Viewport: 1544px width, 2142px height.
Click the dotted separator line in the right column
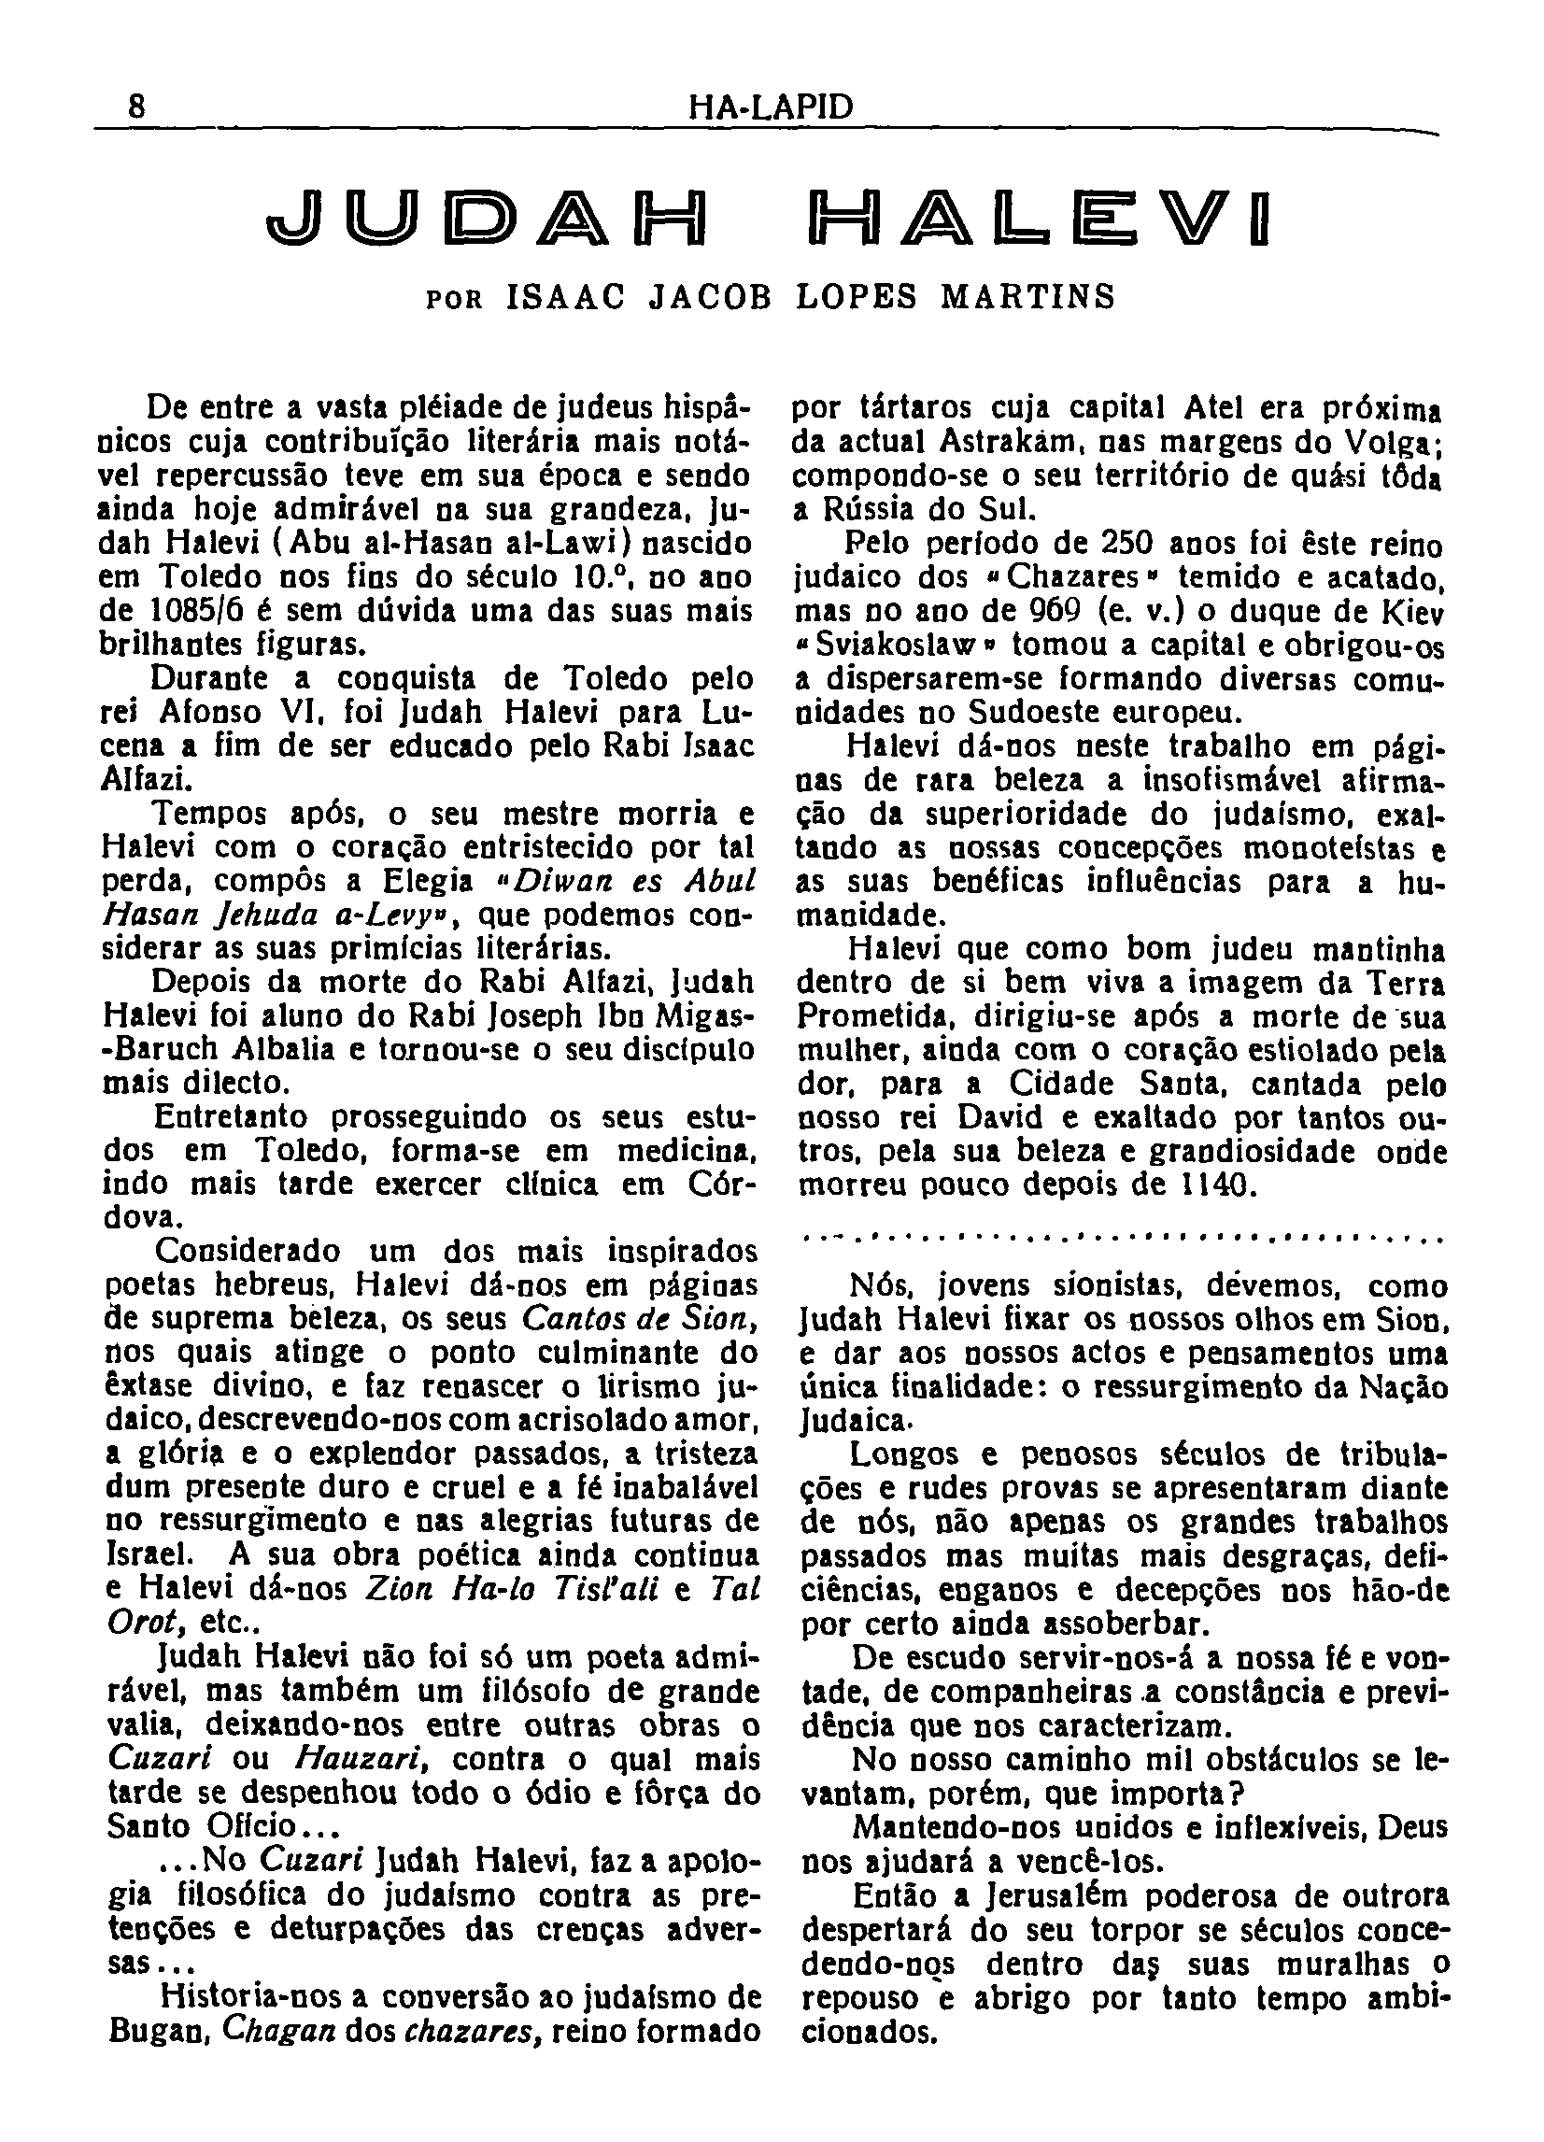point(1121,1235)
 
